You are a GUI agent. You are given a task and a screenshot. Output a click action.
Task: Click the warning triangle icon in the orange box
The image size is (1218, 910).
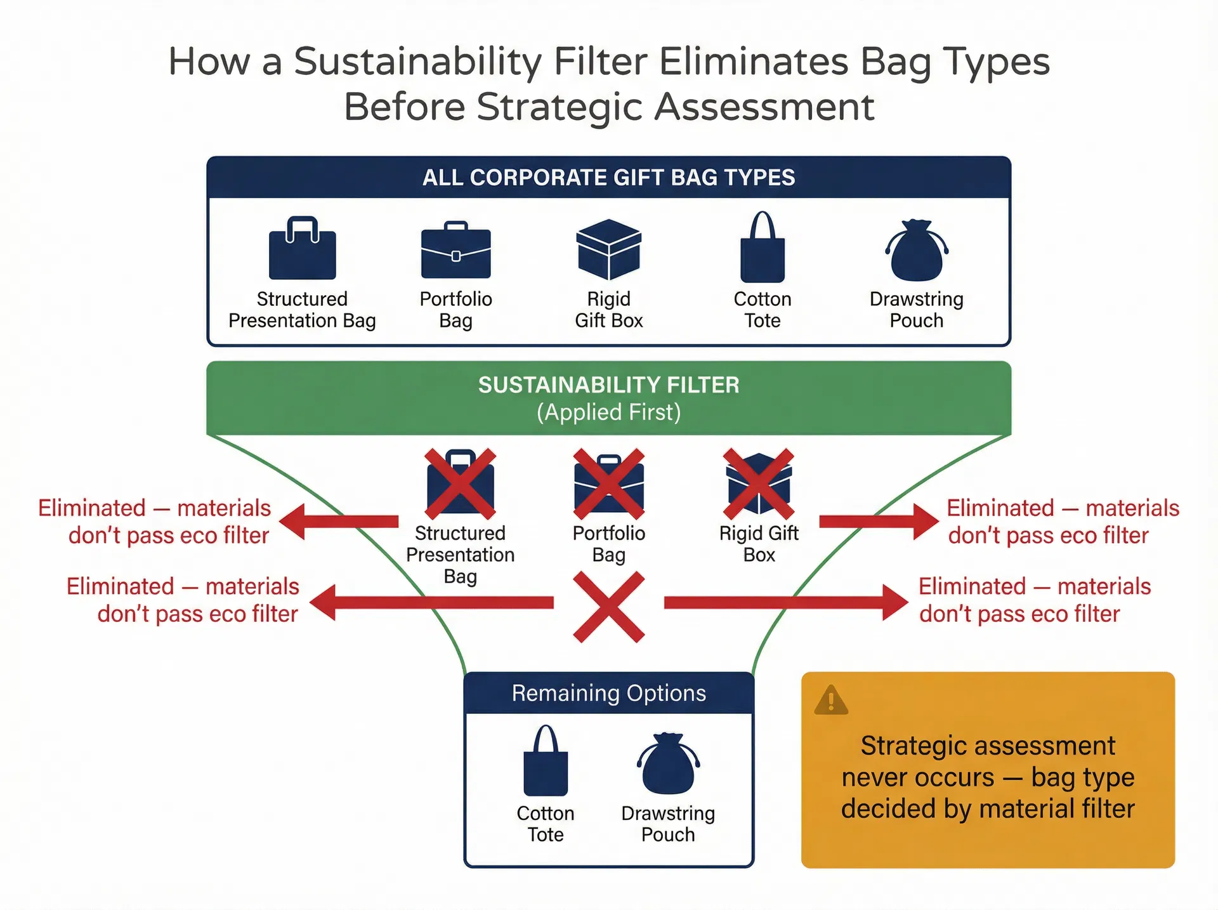point(830,701)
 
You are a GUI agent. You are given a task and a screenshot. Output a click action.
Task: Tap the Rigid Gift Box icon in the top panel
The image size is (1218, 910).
point(608,249)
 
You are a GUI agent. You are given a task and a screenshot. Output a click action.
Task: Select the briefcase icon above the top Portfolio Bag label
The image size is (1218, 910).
point(455,250)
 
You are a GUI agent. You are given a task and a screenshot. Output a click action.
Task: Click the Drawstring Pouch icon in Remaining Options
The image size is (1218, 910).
point(668,764)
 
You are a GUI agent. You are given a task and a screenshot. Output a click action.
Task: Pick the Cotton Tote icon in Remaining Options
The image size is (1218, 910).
point(545,762)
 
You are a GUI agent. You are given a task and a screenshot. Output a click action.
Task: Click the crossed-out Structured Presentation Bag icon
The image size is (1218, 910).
point(461,483)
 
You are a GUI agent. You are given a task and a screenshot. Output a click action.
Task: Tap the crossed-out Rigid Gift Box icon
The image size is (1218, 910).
point(759,483)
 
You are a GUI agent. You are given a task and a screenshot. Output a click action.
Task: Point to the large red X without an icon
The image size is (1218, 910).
point(608,607)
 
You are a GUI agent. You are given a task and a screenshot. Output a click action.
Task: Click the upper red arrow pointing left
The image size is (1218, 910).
point(339,522)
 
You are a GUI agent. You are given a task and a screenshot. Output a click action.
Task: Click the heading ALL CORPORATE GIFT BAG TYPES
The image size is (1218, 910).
point(608,177)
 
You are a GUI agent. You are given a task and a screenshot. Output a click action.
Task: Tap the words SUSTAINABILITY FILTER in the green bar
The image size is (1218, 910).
point(608,385)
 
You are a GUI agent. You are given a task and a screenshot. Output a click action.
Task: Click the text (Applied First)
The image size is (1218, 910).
point(608,412)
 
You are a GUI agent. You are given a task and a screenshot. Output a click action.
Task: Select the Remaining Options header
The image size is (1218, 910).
point(608,693)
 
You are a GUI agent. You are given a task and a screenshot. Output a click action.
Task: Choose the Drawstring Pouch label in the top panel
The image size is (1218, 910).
point(916,310)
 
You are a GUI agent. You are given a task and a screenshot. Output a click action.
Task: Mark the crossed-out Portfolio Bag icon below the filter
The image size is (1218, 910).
point(608,483)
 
